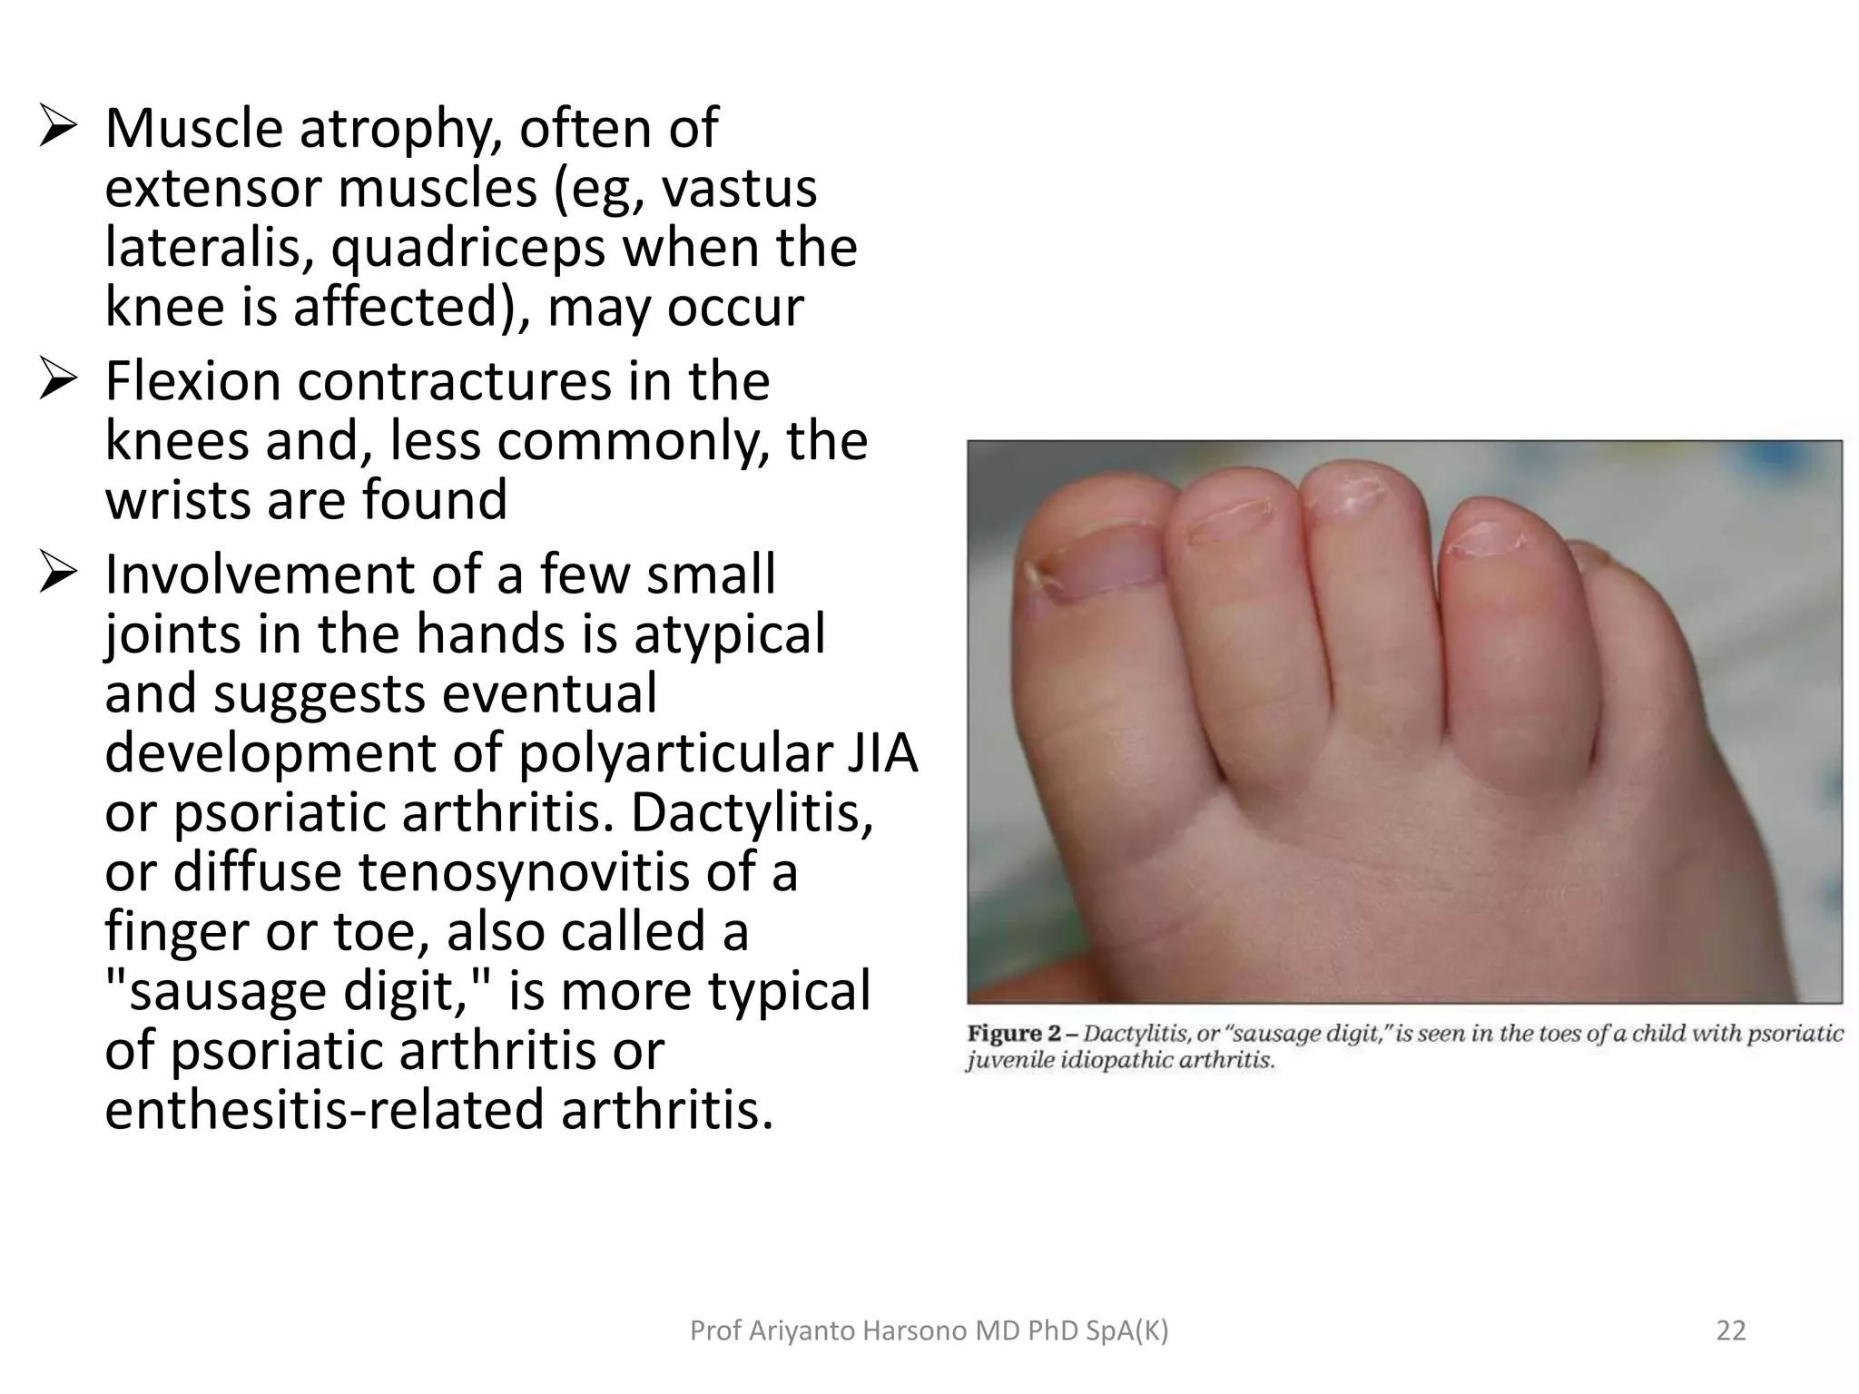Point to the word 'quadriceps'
467,249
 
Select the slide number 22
1731,1330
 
